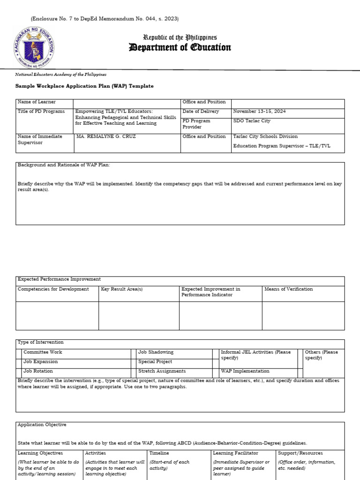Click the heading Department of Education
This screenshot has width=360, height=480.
click(180, 48)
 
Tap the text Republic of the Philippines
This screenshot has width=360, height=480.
click(180, 37)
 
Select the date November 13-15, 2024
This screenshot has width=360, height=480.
click(259, 112)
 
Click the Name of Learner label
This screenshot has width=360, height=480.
click(37, 102)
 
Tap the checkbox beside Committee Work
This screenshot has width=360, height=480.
click(19, 352)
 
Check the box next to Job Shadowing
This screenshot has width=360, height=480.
click(134, 352)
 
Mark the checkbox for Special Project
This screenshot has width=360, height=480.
click(134, 362)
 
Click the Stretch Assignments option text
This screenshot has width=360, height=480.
click(162, 371)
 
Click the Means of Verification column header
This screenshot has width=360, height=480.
click(288, 289)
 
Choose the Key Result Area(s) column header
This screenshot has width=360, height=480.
click(122, 289)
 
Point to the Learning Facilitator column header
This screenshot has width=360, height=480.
click(235, 453)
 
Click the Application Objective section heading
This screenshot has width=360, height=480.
click(42, 425)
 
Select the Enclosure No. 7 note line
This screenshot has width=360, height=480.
click(105, 19)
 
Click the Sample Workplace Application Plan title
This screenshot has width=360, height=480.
click(84, 86)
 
